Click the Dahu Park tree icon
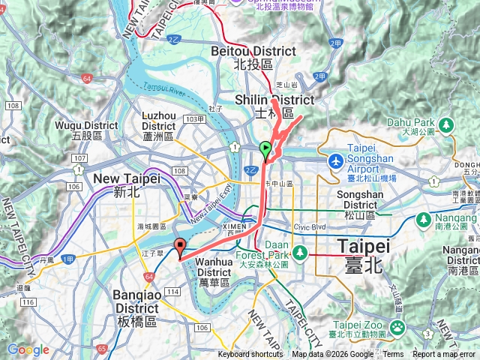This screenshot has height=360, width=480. coord(445,123)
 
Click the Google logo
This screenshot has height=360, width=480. coord(28,349)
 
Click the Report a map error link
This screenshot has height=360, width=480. coord(444,355)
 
